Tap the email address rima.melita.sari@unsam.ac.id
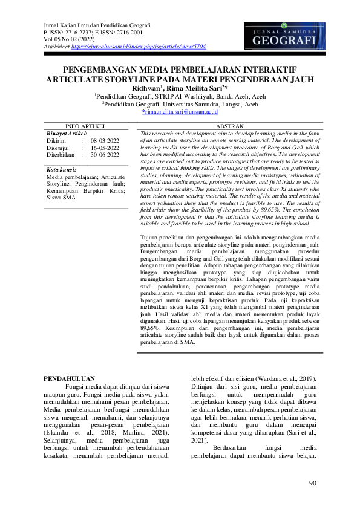(180, 112)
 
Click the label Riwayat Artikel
(67, 132)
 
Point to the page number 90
(312, 482)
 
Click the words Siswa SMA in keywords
(62, 197)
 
